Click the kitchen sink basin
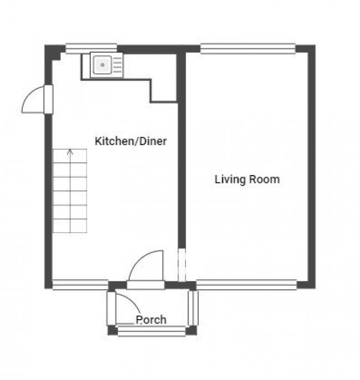point(102,65)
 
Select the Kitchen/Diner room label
point(131,141)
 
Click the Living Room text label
point(247,179)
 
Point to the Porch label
point(151,320)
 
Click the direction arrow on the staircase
point(70,151)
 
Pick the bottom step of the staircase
point(70,225)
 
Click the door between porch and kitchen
point(146,271)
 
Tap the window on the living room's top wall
point(248,49)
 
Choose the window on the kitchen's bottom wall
point(80,285)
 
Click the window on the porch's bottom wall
point(152,331)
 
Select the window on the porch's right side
point(193,307)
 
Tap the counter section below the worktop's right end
point(163,91)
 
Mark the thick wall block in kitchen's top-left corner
point(53,52)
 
